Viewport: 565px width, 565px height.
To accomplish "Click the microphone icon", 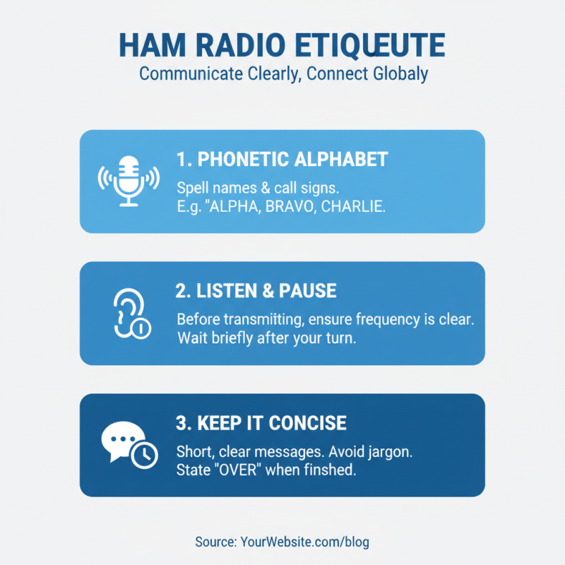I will click(128, 181).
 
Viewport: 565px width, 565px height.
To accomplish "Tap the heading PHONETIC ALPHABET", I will click(282, 159).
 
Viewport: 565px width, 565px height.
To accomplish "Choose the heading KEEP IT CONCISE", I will click(261, 423).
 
